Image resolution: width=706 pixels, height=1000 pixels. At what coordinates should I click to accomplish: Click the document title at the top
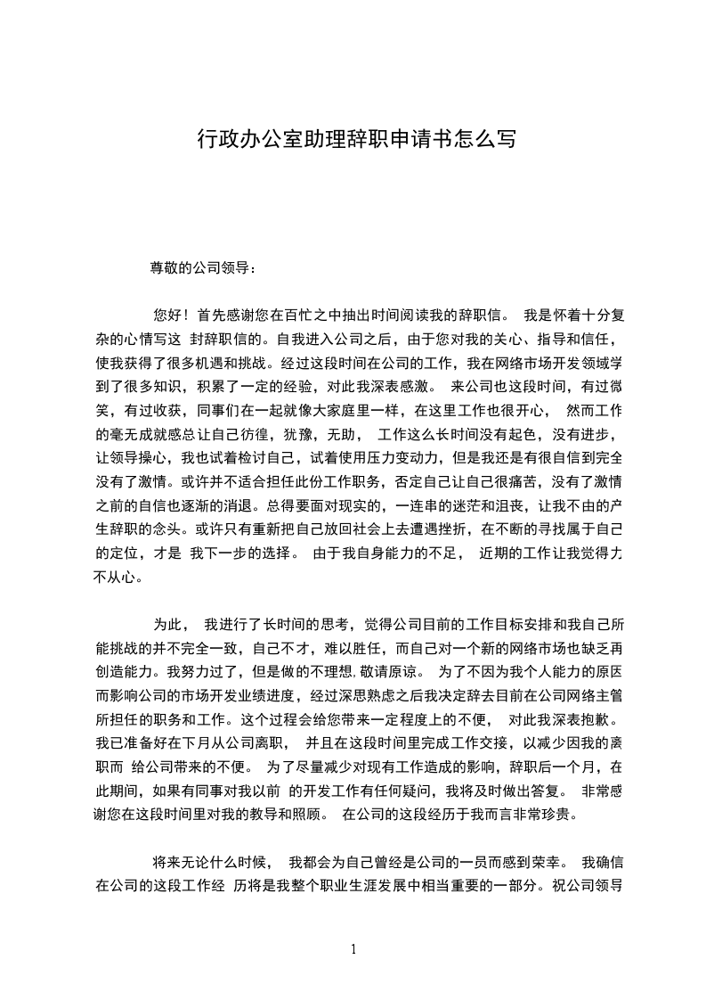[x=354, y=140]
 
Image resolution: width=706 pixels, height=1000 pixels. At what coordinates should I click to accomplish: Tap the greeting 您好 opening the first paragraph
[x=167, y=315]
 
